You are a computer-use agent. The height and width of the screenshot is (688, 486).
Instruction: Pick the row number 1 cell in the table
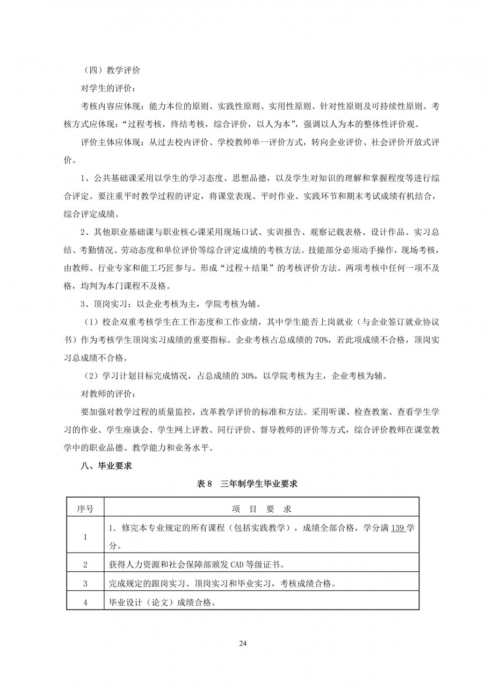[x=85, y=536]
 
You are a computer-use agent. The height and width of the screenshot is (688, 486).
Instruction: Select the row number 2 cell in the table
[x=85, y=564]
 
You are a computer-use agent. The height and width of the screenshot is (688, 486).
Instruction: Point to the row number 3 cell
[x=85, y=583]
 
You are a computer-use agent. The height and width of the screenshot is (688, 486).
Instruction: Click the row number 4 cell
[x=85, y=602]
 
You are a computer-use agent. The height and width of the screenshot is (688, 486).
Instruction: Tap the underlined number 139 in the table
[x=397, y=528]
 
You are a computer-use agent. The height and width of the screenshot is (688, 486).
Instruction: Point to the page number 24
[x=243, y=643]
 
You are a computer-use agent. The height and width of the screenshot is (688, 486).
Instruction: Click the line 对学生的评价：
[x=108, y=88]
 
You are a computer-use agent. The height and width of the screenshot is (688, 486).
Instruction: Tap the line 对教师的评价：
[x=108, y=394]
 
